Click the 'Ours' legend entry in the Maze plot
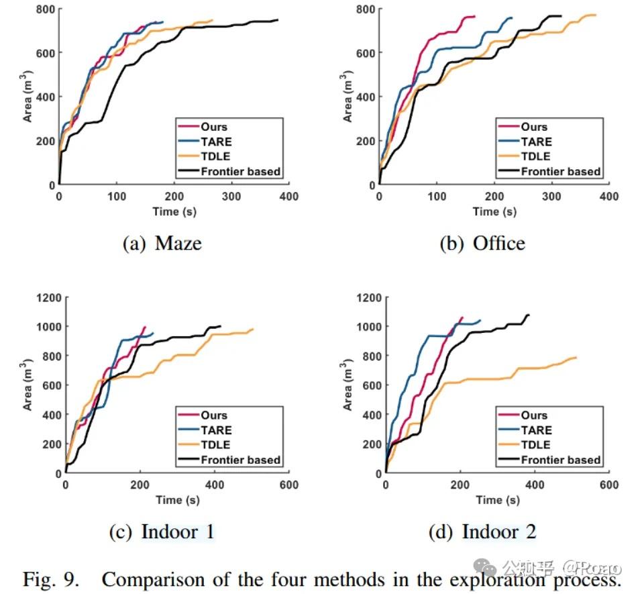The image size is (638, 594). [213, 127]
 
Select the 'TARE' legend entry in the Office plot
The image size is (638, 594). [536, 142]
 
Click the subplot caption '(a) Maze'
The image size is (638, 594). [162, 243]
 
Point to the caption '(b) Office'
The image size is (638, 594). [482, 243]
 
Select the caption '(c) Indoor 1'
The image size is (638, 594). [162, 532]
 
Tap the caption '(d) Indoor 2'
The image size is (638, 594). [482, 532]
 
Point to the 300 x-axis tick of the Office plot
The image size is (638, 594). [551, 197]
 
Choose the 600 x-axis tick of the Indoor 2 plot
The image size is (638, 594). [608, 485]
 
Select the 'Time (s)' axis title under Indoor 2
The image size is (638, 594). [496, 501]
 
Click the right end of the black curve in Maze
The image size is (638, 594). [277, 20]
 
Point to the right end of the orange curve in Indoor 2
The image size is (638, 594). [576, 357]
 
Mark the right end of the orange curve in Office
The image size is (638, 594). [595, 15]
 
